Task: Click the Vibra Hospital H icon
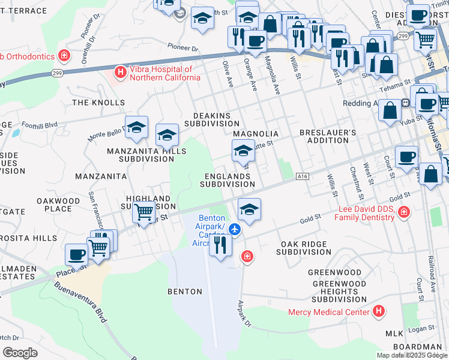(120, 73)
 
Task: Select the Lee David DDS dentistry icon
(403, 211)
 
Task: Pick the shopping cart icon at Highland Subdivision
(143, 211)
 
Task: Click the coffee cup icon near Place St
(76, 254)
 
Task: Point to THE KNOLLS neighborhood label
(98, 103)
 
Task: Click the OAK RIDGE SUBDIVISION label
(304, 248)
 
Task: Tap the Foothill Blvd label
(38, 125)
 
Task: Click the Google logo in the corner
(20, 353)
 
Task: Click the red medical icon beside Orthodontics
(63, 56)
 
